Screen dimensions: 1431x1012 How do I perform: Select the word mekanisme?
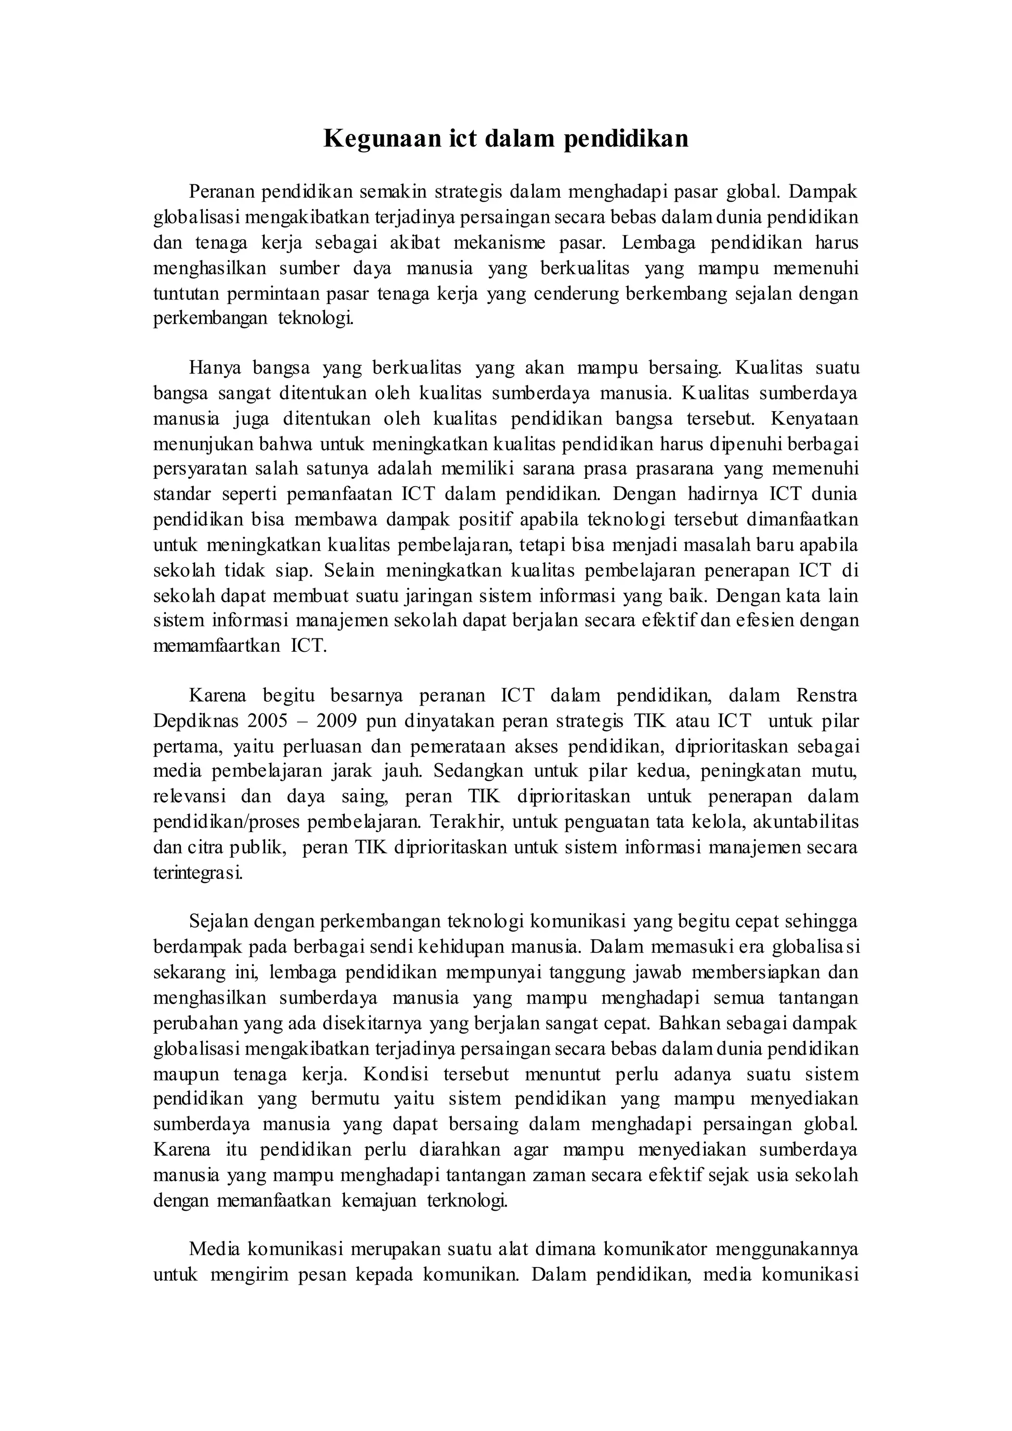[x=499, y=243]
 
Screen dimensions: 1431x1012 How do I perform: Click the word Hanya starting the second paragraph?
[x=214, y=368]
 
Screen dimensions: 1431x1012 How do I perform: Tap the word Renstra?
[x=827, y=696]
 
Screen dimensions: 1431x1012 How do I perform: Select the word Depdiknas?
[x=196, y=721]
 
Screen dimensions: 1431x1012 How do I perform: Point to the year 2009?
[x=337, y=721]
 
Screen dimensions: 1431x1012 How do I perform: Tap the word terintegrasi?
[x=198, y=873]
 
